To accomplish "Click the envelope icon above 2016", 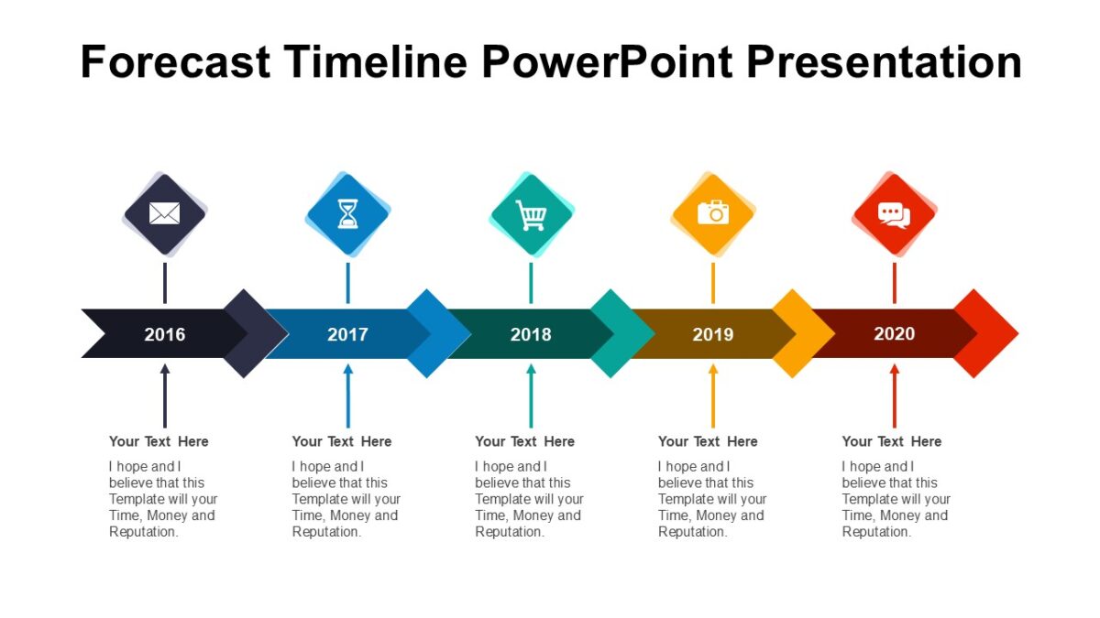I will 164,214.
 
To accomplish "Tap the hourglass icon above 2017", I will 347,214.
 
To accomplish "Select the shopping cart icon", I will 531,215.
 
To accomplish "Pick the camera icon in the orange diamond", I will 713,213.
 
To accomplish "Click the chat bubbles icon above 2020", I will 894,214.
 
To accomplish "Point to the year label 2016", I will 164,334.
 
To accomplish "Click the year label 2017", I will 347,334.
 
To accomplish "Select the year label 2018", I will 531,334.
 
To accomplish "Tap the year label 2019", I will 713,334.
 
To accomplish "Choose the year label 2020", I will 894,333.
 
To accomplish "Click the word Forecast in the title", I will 175,62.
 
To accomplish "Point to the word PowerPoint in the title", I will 605,62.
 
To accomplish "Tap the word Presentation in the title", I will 884,62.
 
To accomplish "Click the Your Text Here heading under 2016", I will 159,441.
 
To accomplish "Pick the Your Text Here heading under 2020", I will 892,441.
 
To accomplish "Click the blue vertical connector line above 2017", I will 347,283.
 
